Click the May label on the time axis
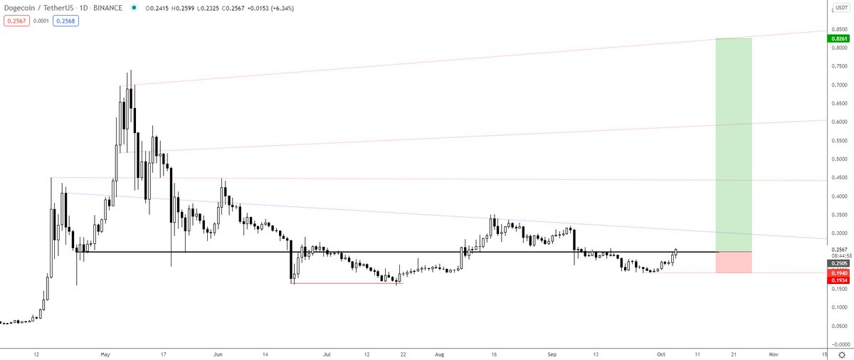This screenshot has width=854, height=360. click(x=106, y=353)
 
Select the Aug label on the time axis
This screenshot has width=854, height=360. click(x=439, y=353)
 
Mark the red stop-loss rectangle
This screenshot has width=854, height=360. click(x=733, y=262)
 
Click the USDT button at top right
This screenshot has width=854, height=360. click(x=841, y=9)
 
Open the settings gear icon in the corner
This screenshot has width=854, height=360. click(x=841, y=353)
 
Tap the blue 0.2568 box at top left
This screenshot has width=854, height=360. click(x=63, y=21)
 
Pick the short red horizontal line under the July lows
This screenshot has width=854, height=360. click(x=347, y=284)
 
